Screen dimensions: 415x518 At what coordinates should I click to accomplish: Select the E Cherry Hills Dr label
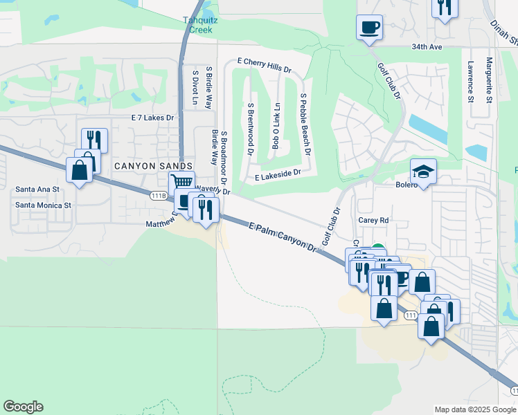264,62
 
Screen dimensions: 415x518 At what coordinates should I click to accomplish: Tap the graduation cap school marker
423,169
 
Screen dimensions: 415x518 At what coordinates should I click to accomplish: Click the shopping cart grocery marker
181,183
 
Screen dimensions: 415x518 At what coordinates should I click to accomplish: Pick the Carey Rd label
373,220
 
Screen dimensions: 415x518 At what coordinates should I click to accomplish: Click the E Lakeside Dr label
278,177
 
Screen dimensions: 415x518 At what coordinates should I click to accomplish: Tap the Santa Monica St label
44,205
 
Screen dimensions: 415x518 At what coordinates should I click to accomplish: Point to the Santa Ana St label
37,189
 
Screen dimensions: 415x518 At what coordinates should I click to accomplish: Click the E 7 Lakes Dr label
152,118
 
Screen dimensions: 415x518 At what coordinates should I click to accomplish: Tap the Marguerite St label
489,80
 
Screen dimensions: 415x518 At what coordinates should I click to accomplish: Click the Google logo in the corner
23,407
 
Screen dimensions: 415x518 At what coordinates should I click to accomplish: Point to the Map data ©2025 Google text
475,409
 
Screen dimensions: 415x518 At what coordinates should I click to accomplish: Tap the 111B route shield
158,196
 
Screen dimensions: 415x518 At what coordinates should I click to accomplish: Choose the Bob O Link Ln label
276,127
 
